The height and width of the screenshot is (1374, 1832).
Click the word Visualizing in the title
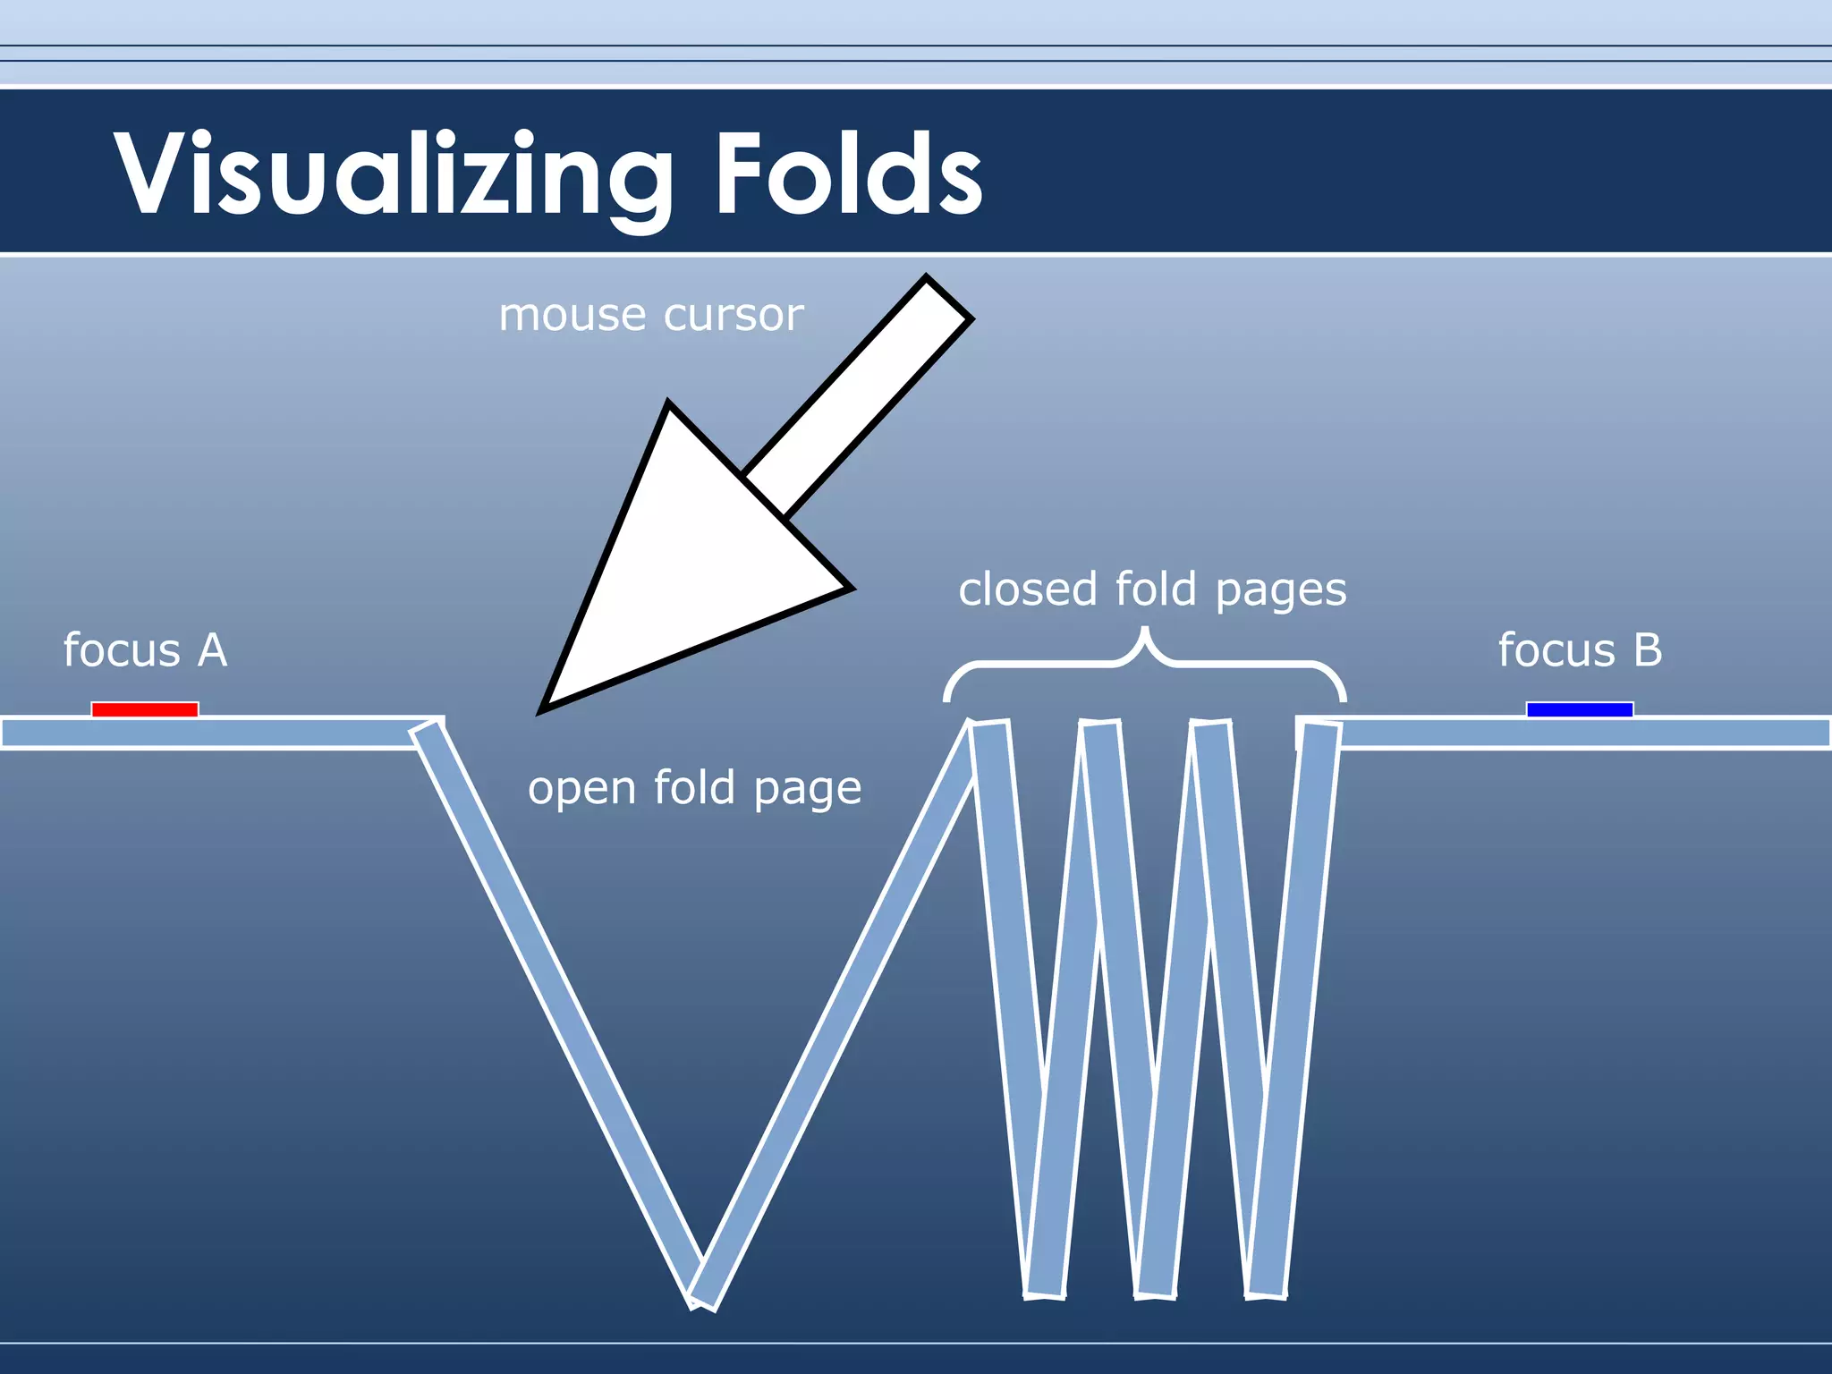tap(394, 174)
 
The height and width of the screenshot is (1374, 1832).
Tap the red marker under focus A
tap(145, 709)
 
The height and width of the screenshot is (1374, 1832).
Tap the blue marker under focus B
tap(1580, 709)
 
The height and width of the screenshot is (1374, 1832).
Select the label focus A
tap(145, 650)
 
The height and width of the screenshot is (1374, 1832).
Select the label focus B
tap(1580, 650)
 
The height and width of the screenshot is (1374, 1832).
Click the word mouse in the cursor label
tap(572, 315)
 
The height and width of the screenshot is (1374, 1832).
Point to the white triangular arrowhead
tap(680, 572)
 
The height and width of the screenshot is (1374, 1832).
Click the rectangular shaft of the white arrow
tap(859, 394)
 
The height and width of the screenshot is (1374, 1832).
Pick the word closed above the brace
tap(1028, 589)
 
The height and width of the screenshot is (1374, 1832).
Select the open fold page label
tap(694, 789)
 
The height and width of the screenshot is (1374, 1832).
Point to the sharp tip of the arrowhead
tap(542, 711)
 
